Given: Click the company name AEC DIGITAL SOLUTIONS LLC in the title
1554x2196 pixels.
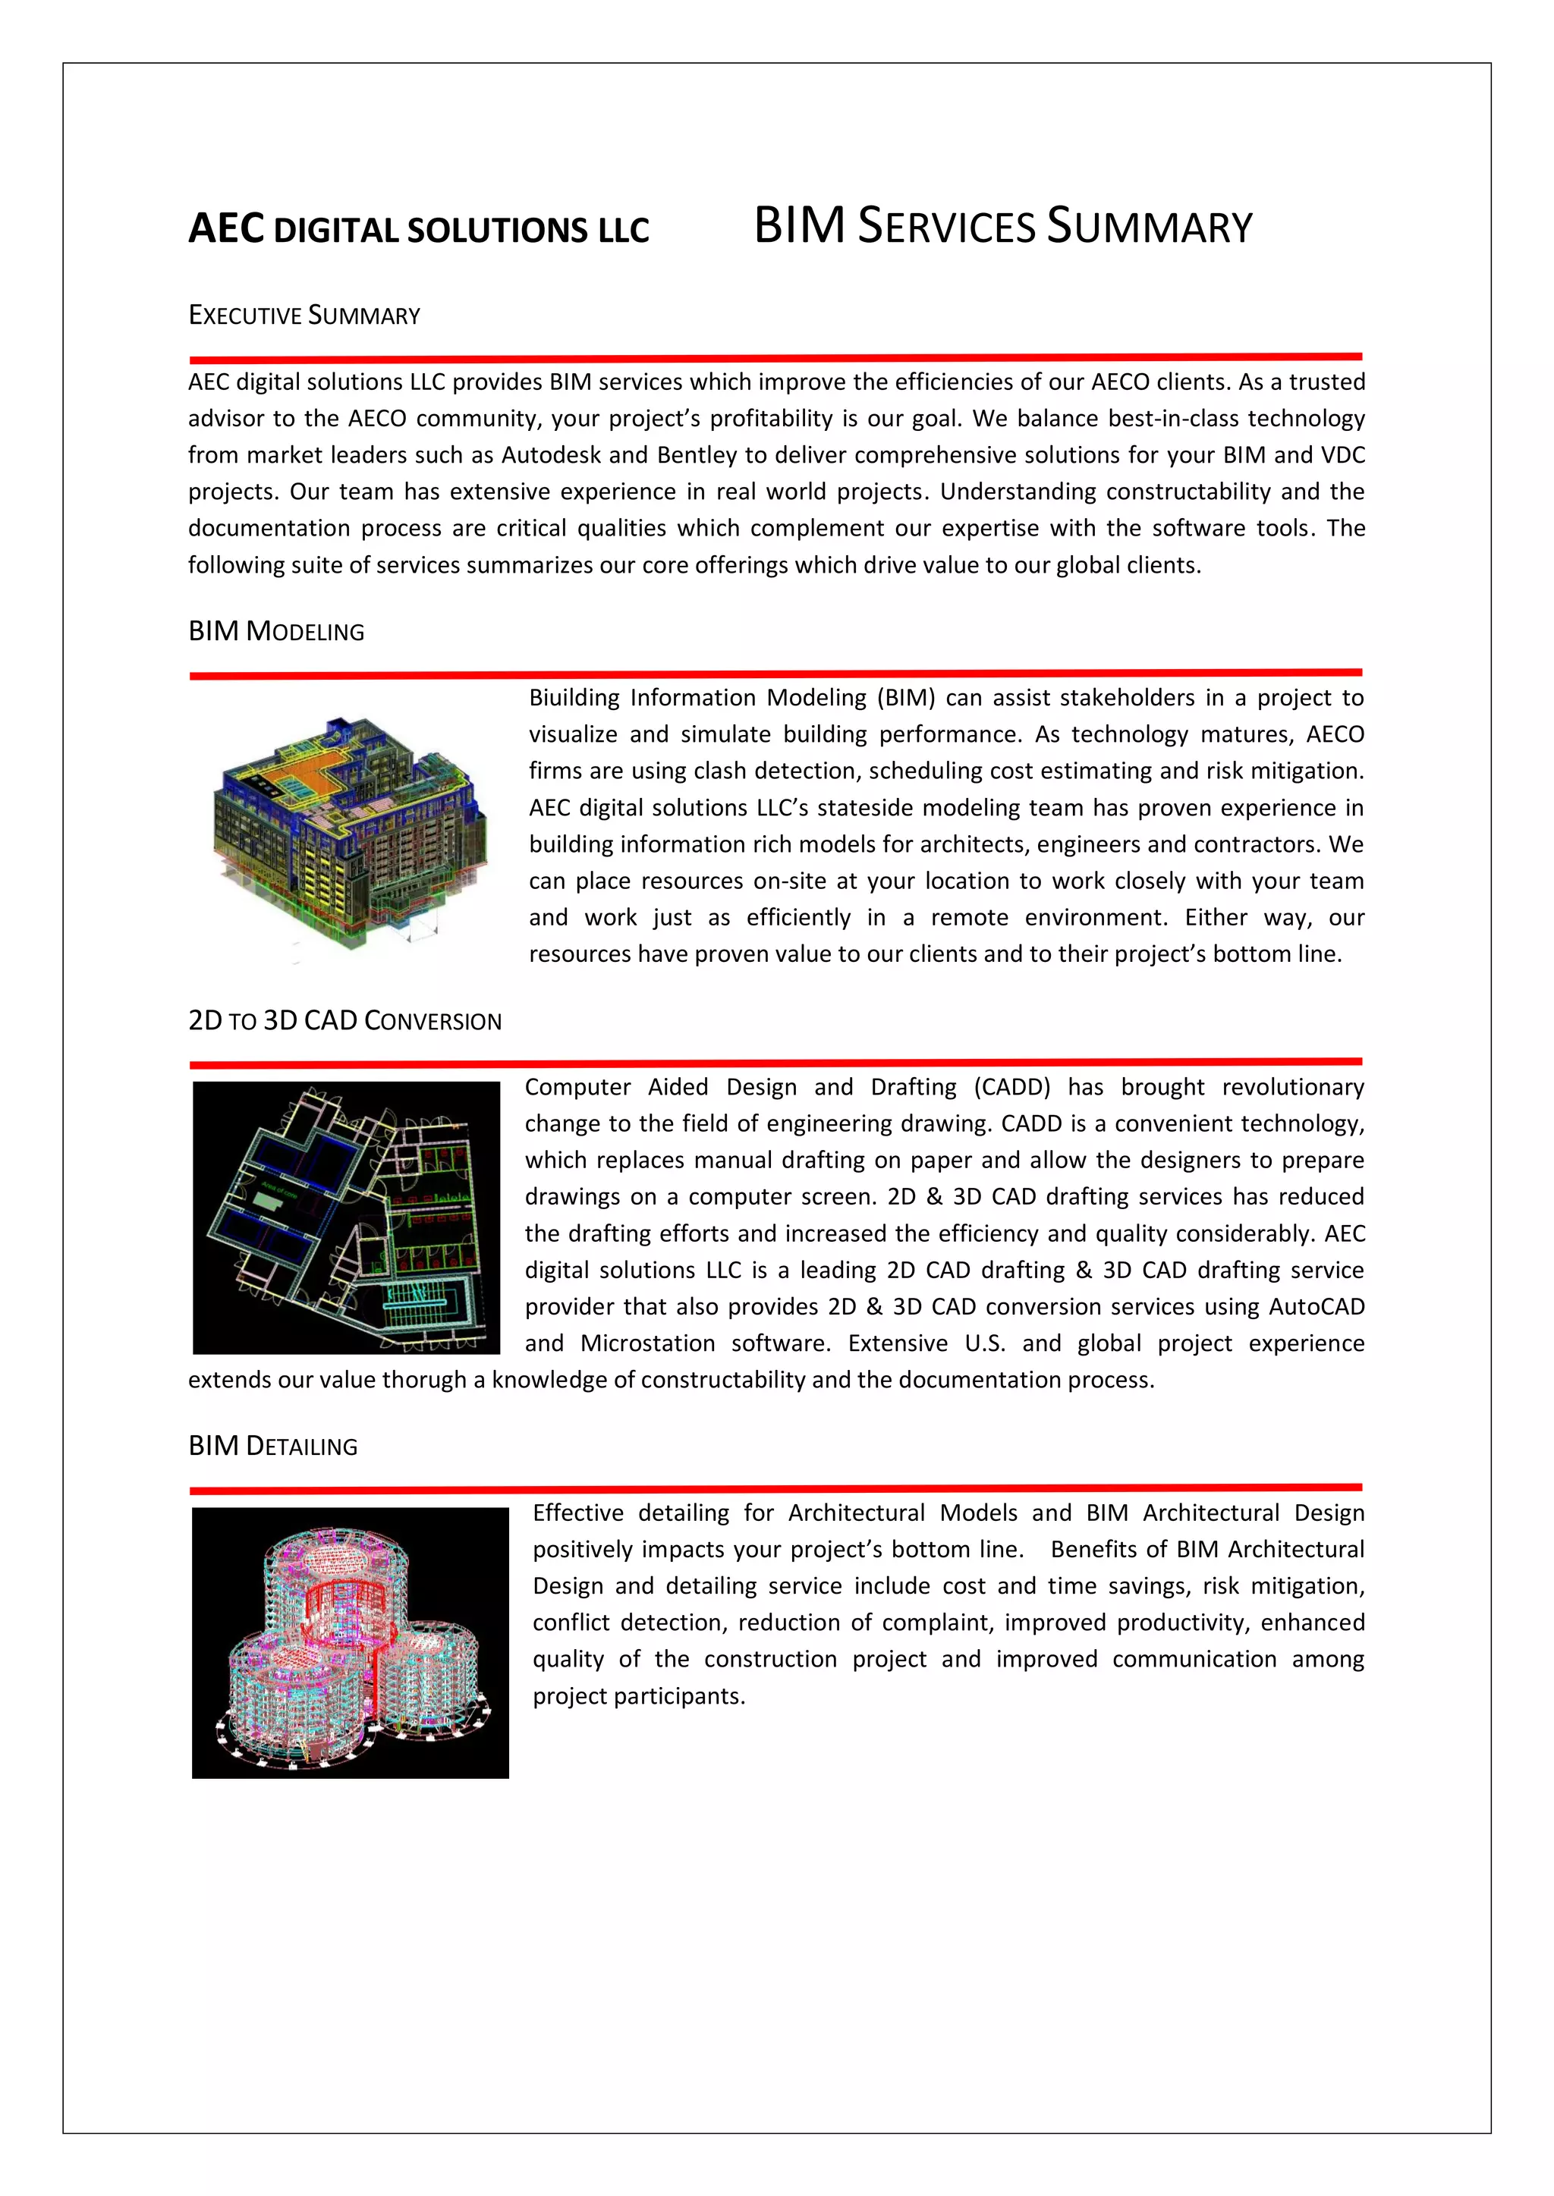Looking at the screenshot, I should (418, 230).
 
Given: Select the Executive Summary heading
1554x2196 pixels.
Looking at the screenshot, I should (304, 316).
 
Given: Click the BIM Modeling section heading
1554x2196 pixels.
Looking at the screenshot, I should (276, 631).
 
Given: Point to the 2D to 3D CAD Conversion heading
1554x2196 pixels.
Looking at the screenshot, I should (344, 1022).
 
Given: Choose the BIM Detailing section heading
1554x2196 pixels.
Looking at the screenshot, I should (272, 1446).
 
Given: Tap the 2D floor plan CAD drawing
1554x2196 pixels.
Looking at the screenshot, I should (347, 1217).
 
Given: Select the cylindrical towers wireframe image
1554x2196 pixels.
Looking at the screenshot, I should (351, 1642).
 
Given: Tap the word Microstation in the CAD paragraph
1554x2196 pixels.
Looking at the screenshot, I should (648, 1344).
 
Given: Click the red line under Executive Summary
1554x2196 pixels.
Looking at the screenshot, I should (775, 359).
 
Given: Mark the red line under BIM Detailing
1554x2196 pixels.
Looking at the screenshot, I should (775, 1488).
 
